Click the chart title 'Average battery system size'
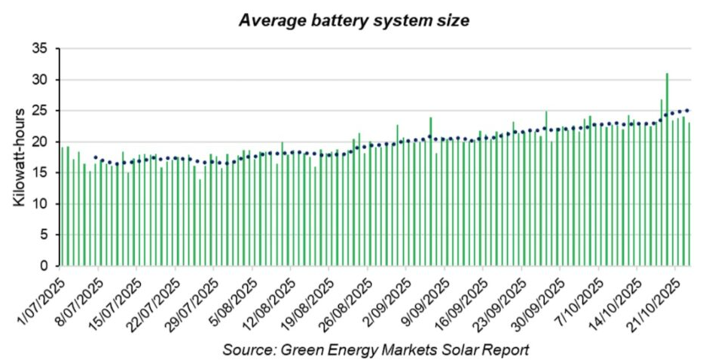click(354, 20)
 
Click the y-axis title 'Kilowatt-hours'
click(20, 157)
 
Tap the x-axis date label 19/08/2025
click(313, 300)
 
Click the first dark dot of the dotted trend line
click(96, 157)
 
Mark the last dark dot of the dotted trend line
click(688, 110)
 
